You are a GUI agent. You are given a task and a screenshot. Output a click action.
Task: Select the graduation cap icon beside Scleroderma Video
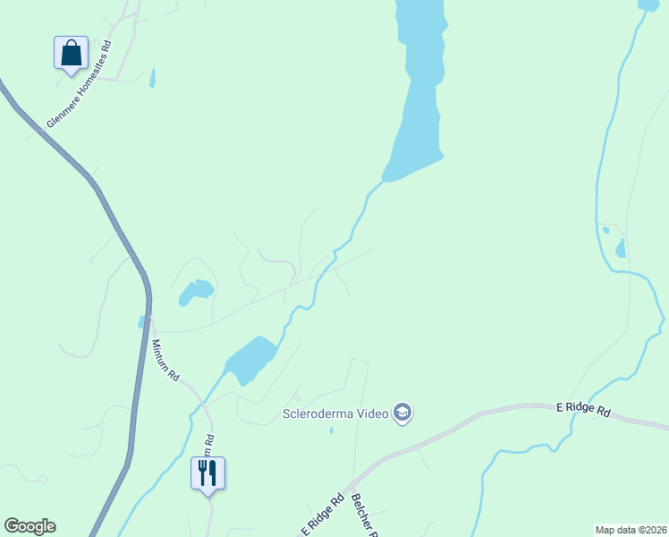pos(403,413)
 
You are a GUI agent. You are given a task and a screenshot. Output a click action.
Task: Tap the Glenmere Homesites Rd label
pos(80,83)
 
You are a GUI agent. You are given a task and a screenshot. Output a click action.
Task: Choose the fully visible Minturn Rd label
pos(165,361)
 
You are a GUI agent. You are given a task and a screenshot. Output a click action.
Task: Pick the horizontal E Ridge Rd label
pos(583,409)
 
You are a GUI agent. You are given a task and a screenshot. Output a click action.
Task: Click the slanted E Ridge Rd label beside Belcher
pos(321,517)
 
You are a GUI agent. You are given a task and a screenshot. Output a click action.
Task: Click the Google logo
pos(30,526)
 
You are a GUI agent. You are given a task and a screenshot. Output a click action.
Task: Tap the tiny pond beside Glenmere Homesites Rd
pos(152,79)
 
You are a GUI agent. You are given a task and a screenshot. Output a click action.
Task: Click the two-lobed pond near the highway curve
pos(195,291)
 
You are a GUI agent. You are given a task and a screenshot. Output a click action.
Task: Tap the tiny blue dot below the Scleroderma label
pos(331,430)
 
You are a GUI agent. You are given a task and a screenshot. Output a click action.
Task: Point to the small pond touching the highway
pos(141,321)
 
